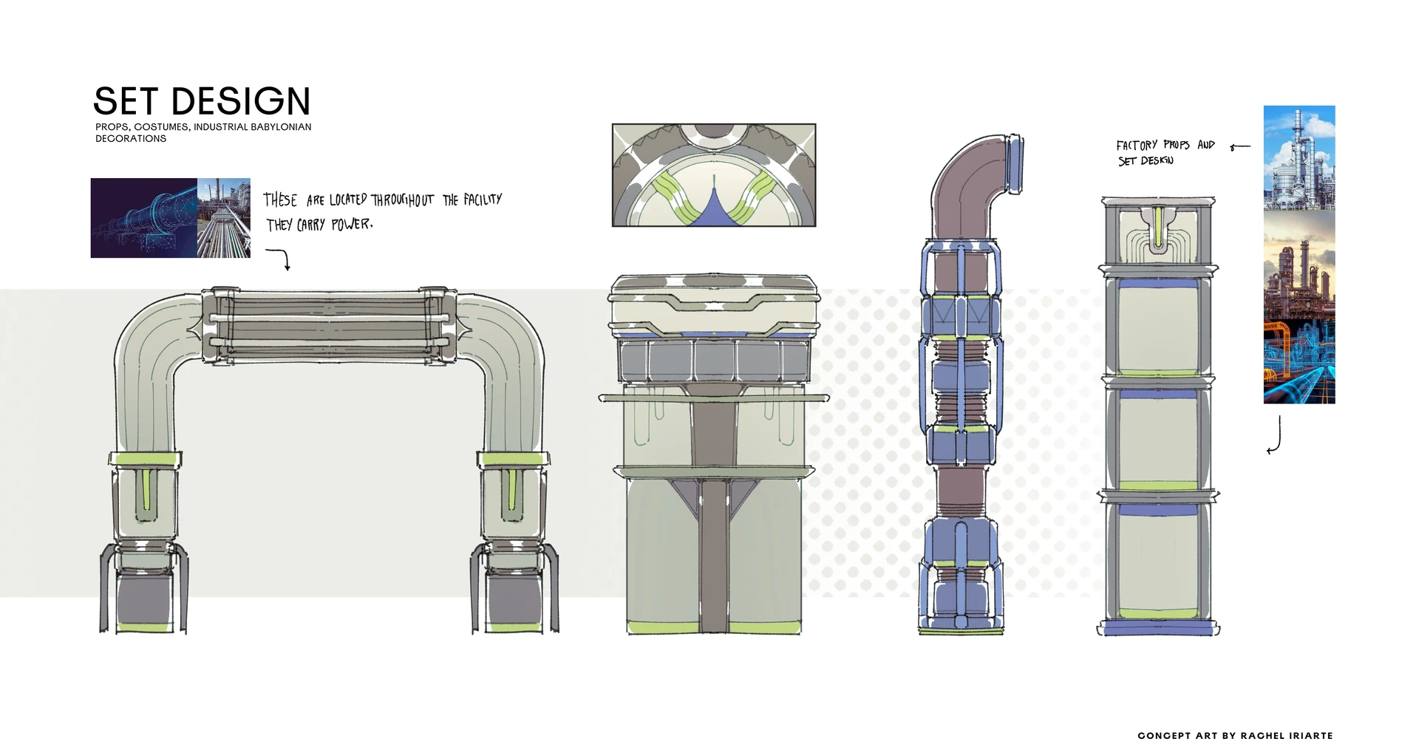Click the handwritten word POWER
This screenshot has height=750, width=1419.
pyautogui.click(x=351, y=225)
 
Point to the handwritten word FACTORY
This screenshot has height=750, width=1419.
pyautogui.click(x=1137, y=146)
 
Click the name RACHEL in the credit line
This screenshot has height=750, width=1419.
pyautogui.click(x=1262, y=736)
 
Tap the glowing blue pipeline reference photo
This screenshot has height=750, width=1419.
pyautogui.click(x=144, y=218)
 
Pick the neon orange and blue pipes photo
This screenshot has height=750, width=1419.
pyautogui.click(x=1299, y=362)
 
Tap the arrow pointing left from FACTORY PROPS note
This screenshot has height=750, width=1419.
pyautogui.click(x=1239, y=147)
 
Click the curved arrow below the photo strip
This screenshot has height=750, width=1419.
pyautogui.click(x=1275, y=436)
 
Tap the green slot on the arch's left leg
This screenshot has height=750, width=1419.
pyautogui.click(x=146, y=489)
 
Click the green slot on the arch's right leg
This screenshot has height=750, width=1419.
pyautogui.click(x=512, y=489)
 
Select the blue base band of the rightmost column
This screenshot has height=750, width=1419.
pyautogui.click(x=1158, y=628)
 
